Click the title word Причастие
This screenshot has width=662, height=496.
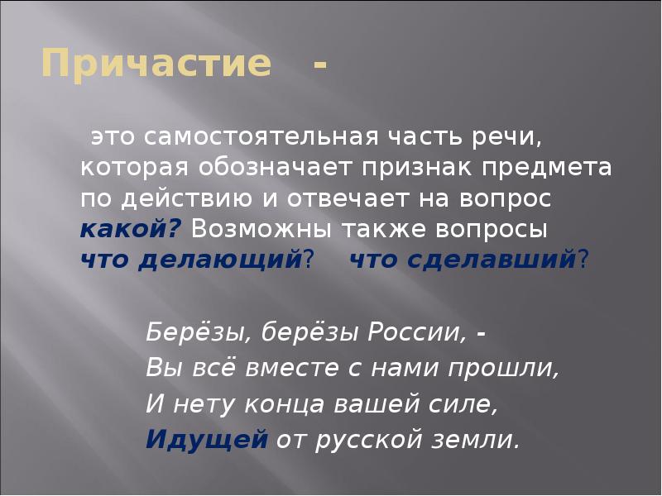(156, 64)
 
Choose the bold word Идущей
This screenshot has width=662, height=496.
(206, 439)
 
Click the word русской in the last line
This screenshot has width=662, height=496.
(369, 439)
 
